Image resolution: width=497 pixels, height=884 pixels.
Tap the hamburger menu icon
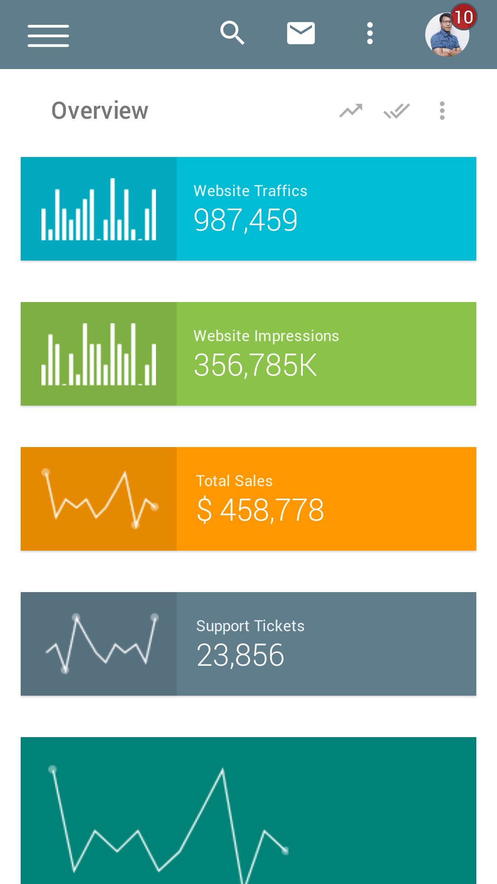pos(48,35)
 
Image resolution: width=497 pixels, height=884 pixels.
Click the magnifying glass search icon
pos(232,33)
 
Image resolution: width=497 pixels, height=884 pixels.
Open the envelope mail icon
pos(301,33)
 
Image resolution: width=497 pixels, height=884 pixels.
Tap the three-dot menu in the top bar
pos(370,33)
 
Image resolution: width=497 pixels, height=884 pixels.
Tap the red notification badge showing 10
pos(463,17)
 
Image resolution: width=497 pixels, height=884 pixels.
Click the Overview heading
pos(100,110)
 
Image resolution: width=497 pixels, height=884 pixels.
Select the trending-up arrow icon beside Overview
pos(351,110)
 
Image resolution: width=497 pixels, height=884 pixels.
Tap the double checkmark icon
pos(397,110)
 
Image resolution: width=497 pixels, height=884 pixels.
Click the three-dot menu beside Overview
pos(442,110)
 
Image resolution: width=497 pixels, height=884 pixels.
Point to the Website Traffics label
pos(250,191)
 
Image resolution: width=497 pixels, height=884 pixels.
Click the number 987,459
pos(246,220)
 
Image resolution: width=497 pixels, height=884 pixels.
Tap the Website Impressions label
pos(266,336)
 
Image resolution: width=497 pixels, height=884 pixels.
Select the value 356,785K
pos(255,365)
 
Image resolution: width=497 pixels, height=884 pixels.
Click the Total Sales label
pos(234,481)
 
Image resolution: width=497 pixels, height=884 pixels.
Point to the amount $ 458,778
pos(260,510)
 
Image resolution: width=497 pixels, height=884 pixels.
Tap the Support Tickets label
pos(250,626)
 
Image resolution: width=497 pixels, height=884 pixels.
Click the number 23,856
pos(240,655)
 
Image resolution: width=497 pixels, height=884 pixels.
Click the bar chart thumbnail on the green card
pos(99,354)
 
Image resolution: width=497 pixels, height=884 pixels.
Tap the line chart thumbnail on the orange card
pos(99,499)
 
